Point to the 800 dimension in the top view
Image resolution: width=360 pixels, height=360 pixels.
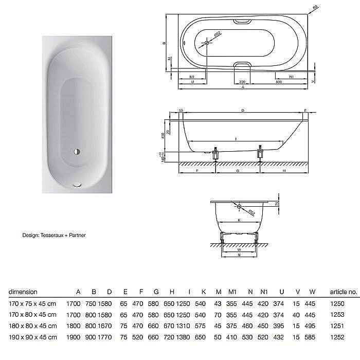coord(279,81)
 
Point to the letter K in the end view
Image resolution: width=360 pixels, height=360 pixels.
coord(240,220)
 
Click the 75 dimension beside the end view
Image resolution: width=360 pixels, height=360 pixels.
coord(276,204)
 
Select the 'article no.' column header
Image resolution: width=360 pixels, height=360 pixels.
coord(344,292)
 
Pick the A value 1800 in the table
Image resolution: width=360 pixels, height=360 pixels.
coord(74,326)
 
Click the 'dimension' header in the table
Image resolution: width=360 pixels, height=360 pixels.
coord(23,292)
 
